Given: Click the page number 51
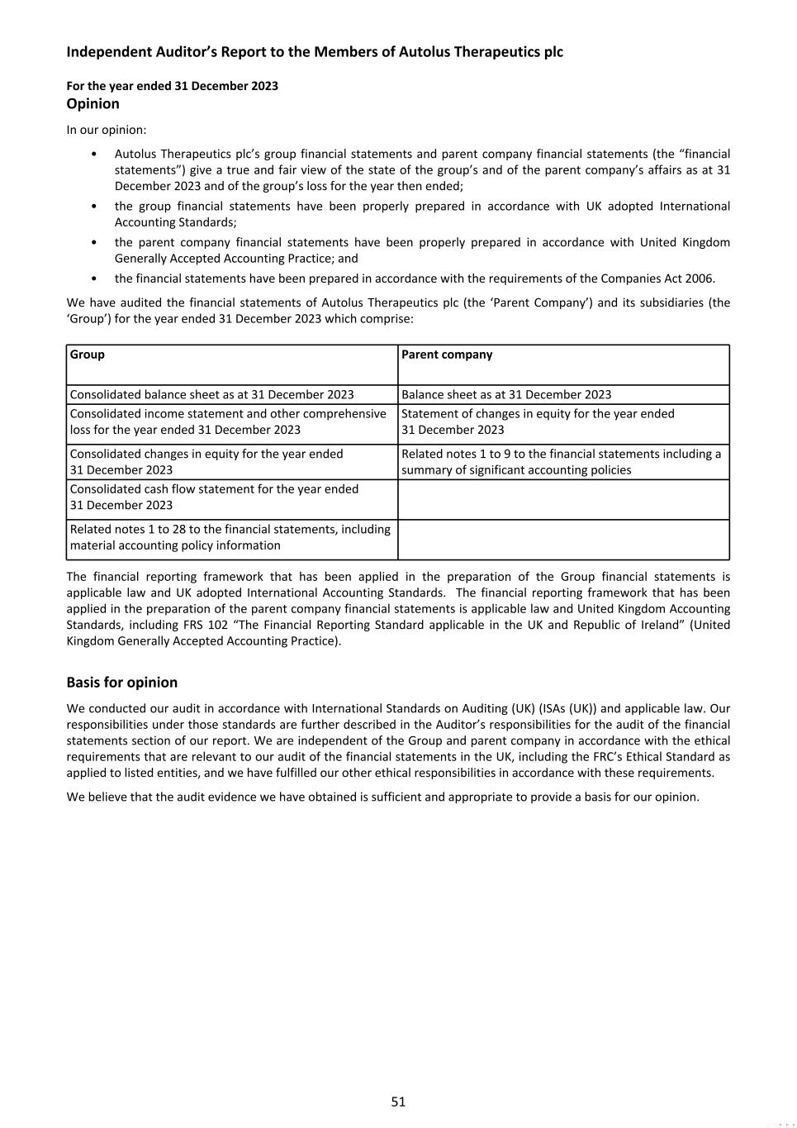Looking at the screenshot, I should (398, 1101).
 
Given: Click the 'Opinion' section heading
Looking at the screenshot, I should (93, 103).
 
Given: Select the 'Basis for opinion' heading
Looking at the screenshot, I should (121, 682).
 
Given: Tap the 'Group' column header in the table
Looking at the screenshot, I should (88, 355).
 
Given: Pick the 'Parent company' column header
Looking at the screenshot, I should (447, 355).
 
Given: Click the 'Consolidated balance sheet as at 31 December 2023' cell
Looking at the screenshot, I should (211, 394).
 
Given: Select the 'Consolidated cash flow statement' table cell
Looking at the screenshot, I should (214, 497).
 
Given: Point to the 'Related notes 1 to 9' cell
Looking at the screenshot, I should (561, 462).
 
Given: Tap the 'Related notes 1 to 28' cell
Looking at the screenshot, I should (230, 537).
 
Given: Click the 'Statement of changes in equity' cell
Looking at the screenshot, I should (538, 421).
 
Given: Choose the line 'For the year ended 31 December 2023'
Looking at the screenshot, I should (172, 86).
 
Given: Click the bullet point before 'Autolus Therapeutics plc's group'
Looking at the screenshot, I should (94, 155).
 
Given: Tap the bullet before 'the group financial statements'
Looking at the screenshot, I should (94, 207).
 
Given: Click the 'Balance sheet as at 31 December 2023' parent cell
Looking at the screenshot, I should (506, 394).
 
